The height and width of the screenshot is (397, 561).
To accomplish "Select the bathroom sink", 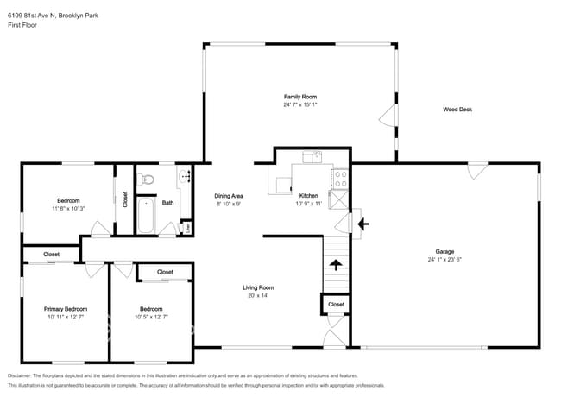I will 184,178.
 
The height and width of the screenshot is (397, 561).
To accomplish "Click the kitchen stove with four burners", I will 341,180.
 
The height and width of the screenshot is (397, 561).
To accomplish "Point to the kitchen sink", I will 312,157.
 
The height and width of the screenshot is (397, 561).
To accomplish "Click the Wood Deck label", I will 457,110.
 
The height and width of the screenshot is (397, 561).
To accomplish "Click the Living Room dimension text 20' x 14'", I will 257,296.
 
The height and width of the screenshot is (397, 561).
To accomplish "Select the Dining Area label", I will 228,197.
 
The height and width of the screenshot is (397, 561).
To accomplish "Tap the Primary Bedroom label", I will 66,308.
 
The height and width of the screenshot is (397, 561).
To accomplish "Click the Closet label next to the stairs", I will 336,305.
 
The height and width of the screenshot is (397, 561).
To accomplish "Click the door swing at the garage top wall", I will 473,171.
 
